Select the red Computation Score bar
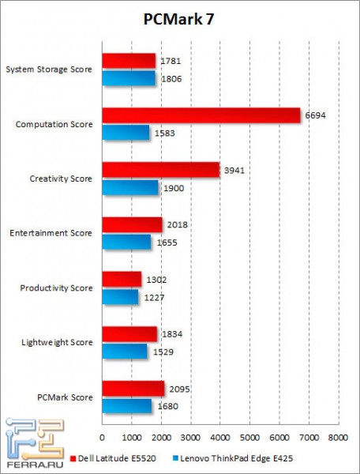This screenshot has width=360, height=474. (201, 115)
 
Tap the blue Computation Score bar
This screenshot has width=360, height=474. (126, 133)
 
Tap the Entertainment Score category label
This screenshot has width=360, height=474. (51, 233)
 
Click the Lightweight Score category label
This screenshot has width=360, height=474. (55, 342)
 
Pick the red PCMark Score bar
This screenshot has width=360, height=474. (133, 389)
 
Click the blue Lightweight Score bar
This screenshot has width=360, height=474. (125, 352)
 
